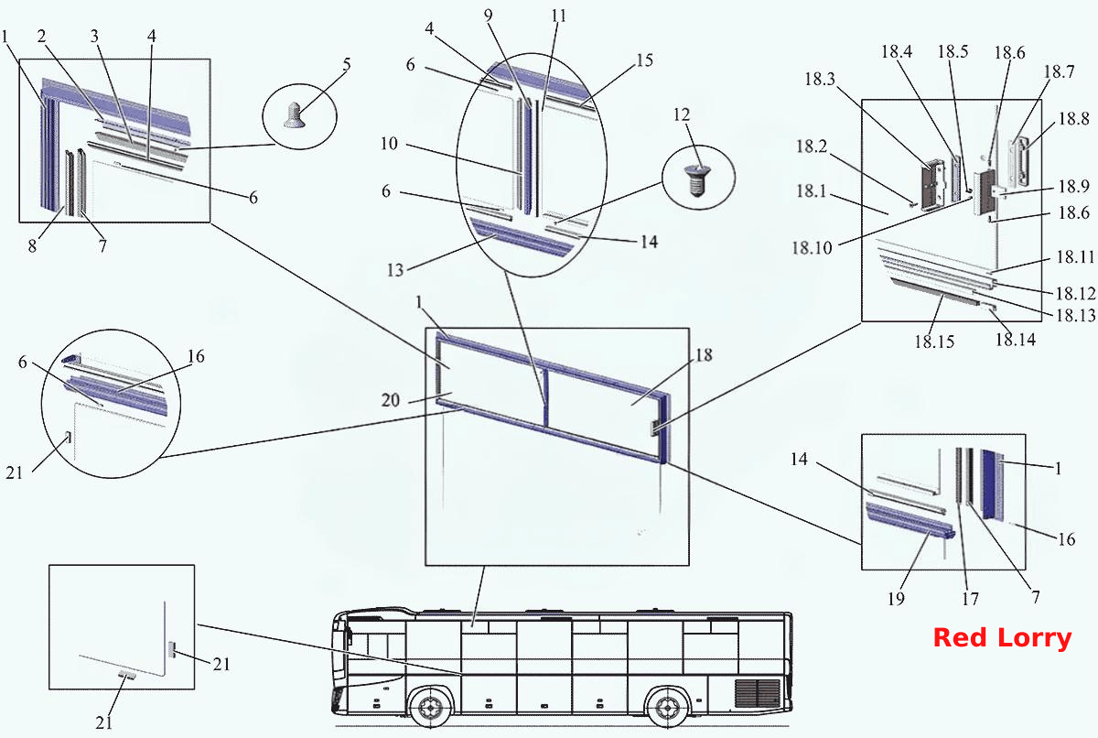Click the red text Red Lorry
(x=1003, y=638)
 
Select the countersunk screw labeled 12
(x=697, y=180)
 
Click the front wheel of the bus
(x=431, y=707)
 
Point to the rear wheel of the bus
(x=667, y=707)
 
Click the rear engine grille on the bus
(x=757, y=693)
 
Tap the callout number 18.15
(x=934, y=342)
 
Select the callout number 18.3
(x=820, y=79)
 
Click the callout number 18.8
(x=1073, y=118)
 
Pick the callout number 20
(x=390, y=400)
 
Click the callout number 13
(x=395, y=270)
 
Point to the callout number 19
(x=896, y=598)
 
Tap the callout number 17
(x=970, y=598)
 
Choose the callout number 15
(x=644, y=60)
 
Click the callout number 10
(x=389, y=143)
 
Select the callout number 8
(x=32, y=245)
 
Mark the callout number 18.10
(x=812, y=247)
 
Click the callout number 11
(x=558, y=16)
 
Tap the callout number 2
(x=42, y=36)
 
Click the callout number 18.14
(x=1015, y=339)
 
